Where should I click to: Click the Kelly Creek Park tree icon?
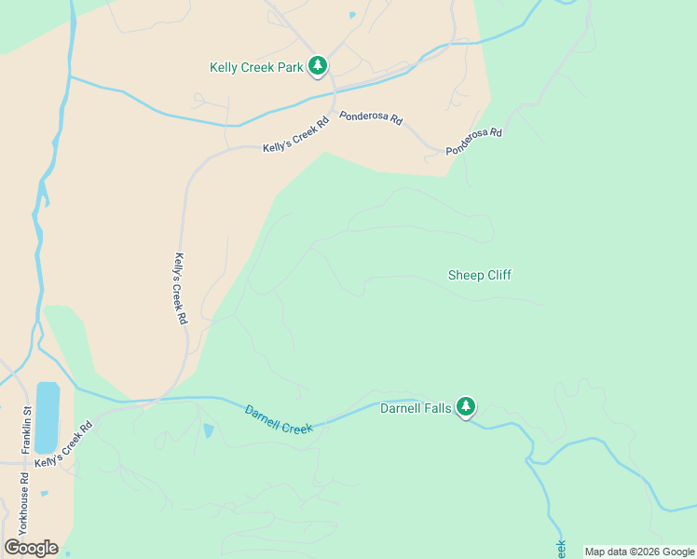point(319,65)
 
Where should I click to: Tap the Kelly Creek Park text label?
point(256,68)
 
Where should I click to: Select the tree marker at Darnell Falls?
point(466,407)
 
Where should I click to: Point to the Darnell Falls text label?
point(416,407)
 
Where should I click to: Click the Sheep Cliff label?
point(479,275)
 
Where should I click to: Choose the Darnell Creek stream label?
point(279,419)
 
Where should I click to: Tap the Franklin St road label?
point(27,424)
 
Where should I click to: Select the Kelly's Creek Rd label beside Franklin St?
point(64,444)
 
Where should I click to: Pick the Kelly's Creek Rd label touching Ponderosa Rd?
point(296,136)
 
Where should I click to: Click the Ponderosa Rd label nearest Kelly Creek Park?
point(370,118)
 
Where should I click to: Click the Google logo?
point(31,548)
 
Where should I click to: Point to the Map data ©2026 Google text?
point(639,552)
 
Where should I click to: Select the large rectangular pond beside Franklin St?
point(48,415)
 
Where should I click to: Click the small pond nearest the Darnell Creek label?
point(207,430)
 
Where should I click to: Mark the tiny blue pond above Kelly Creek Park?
point(351,15)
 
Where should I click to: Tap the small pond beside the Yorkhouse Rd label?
point(44,493)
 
